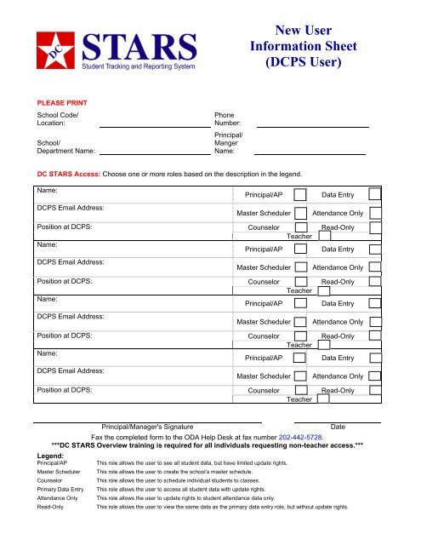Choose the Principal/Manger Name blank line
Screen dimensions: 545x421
(x=310, y=153)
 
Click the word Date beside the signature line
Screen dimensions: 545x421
(x=338, y=426)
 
